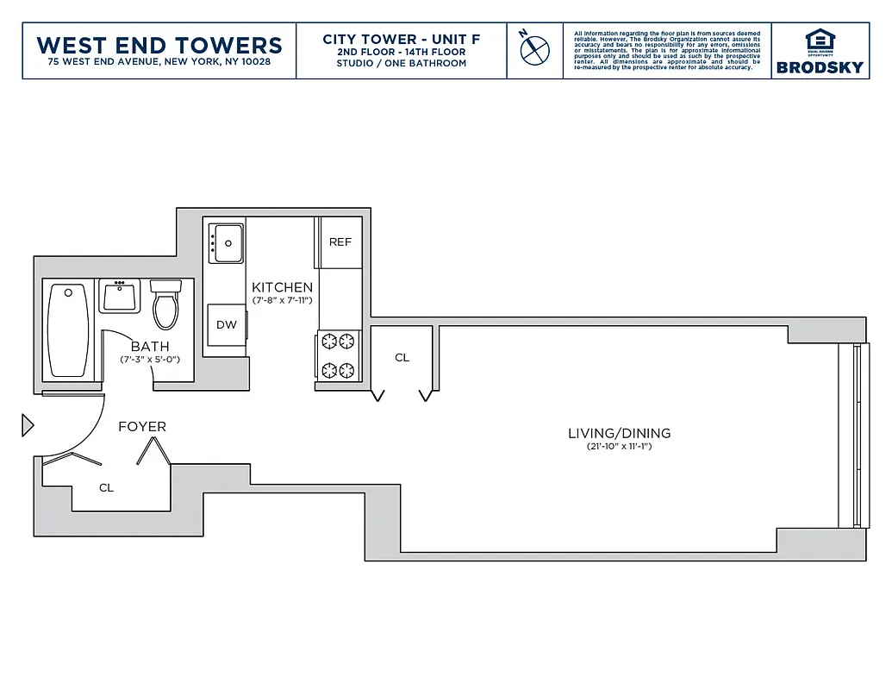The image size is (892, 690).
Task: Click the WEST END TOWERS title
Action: (x=159, y=45)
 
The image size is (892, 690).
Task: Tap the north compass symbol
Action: (x=534, y=48)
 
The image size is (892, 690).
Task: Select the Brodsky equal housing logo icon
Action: (x=820, y=41)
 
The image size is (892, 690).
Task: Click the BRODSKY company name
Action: (x=820, y=67)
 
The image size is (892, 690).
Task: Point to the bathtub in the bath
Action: (x=67, y=330)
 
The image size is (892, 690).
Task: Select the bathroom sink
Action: (x=120, y=296)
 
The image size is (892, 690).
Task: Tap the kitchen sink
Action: (x=228, y=242)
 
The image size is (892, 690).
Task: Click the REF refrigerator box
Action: (x=340, y=242)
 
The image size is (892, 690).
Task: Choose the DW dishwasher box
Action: (x=226, y=325)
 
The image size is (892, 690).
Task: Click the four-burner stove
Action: (x=338, y=355)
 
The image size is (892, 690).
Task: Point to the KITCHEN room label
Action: (x=282, y=287)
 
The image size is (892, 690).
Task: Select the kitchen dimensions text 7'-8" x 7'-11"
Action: (x=282, y=300)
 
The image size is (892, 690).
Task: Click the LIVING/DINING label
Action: (x=619, y=433)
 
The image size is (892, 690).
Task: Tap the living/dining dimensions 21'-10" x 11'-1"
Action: (x=619, y=447)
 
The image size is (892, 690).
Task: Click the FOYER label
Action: (x=142, y=426)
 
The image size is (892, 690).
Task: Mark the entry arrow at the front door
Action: (x=27, y=424)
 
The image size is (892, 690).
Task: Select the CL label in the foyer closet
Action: (x=106, y=488)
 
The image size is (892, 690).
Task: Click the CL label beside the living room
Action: (x=402, y=357)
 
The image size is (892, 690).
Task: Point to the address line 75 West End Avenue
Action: (x=159, y=62)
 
